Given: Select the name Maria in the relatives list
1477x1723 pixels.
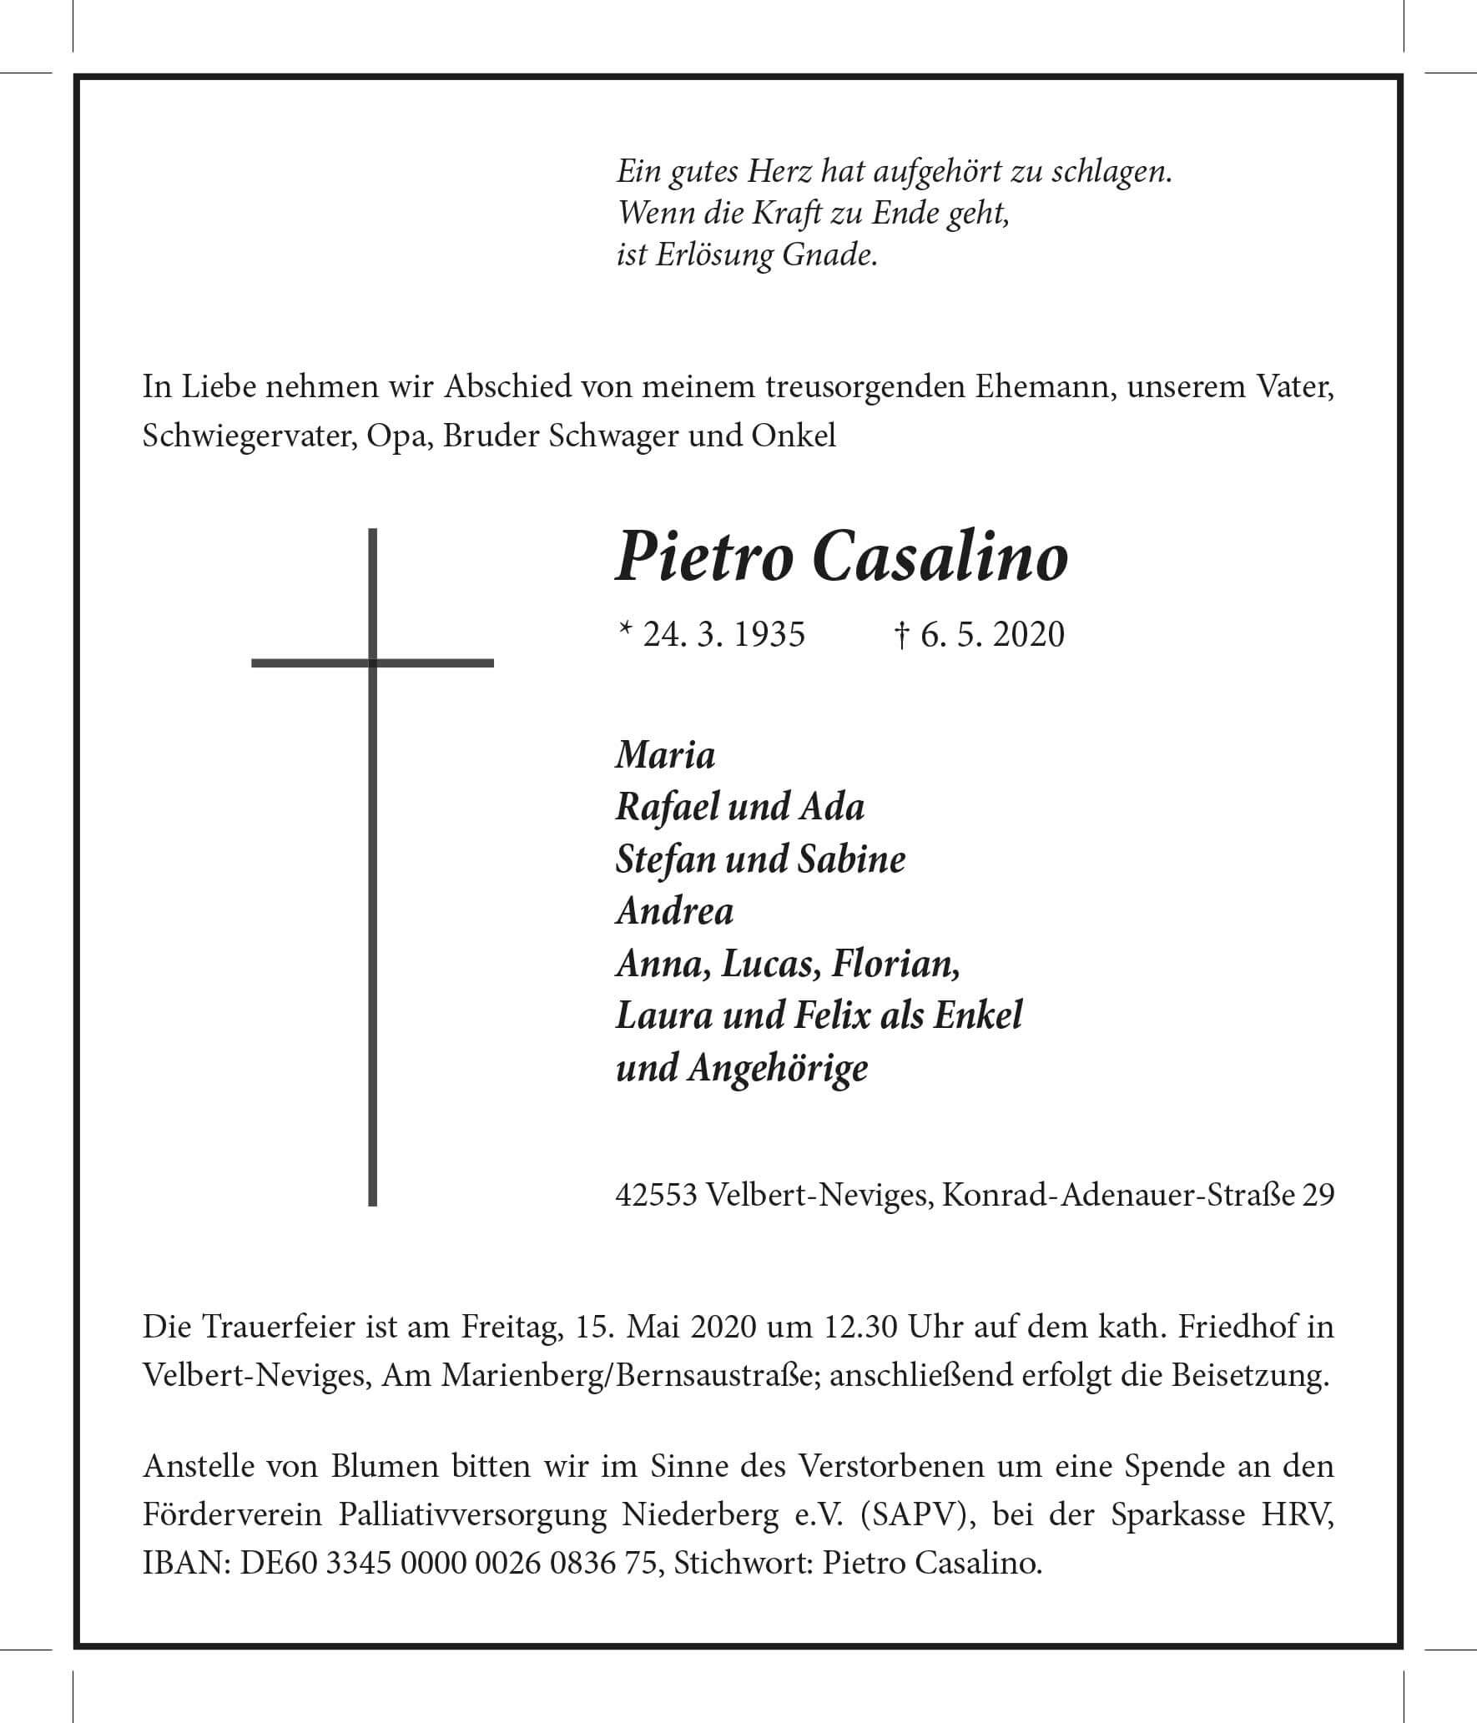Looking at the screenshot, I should tap(665, 756).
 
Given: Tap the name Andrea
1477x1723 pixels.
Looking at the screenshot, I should tap(674, 911).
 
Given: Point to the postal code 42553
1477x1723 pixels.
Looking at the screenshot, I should tap(656, 1196).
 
